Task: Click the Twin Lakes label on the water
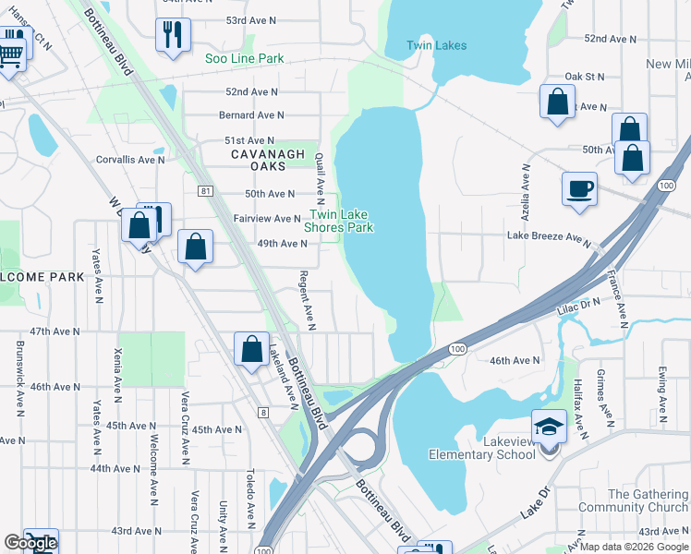(x=437, y=45)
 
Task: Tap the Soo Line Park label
(x=245, y=58)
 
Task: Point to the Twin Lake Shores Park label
(x=339, y=221)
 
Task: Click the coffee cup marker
(x=579, y=189)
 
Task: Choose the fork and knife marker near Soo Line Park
(x=173, y=36)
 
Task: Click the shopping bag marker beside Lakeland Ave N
(x=252, y=350)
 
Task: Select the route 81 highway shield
(x=205, y=190)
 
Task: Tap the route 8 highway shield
(x=263, y=413)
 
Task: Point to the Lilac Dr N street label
(x=578, y=302)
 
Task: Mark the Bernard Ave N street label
(x=251, y=115)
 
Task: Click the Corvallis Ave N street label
(x=130, y=160)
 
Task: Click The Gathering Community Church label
(x=633, y=501)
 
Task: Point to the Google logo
(x=30, y=543)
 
